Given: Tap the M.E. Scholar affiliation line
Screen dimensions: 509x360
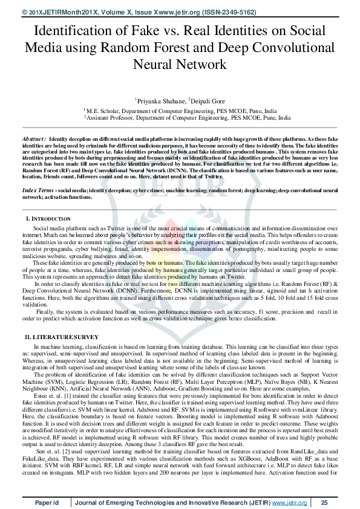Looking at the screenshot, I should pyautogui.click(x=180, y=111).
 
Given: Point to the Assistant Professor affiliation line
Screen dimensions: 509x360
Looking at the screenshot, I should pyautogui.click(x=180, y=118).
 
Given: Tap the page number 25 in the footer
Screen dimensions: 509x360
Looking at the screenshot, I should pyautogui.click(x=324, y=502).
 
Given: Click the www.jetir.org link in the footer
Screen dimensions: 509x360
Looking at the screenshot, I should pyautogui.click(x=289, y=502).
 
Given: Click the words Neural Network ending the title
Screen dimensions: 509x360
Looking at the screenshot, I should pyautogui.click(x=180, y=64).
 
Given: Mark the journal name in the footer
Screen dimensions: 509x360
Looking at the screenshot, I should pyautogui.click(x=172, y=502).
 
